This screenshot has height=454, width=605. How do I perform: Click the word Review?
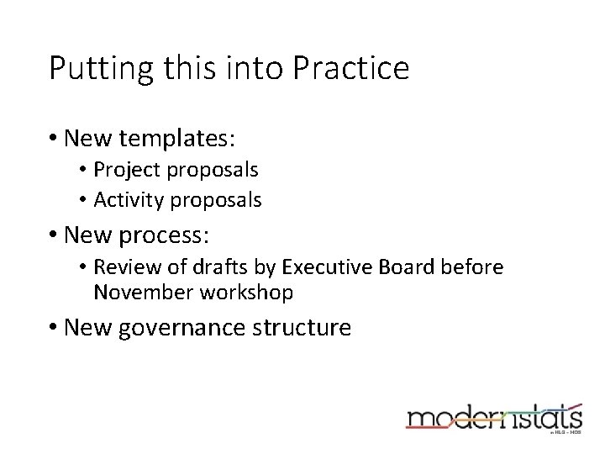(x=123, y=267)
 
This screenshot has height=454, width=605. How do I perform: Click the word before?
(x=474, y=267)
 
